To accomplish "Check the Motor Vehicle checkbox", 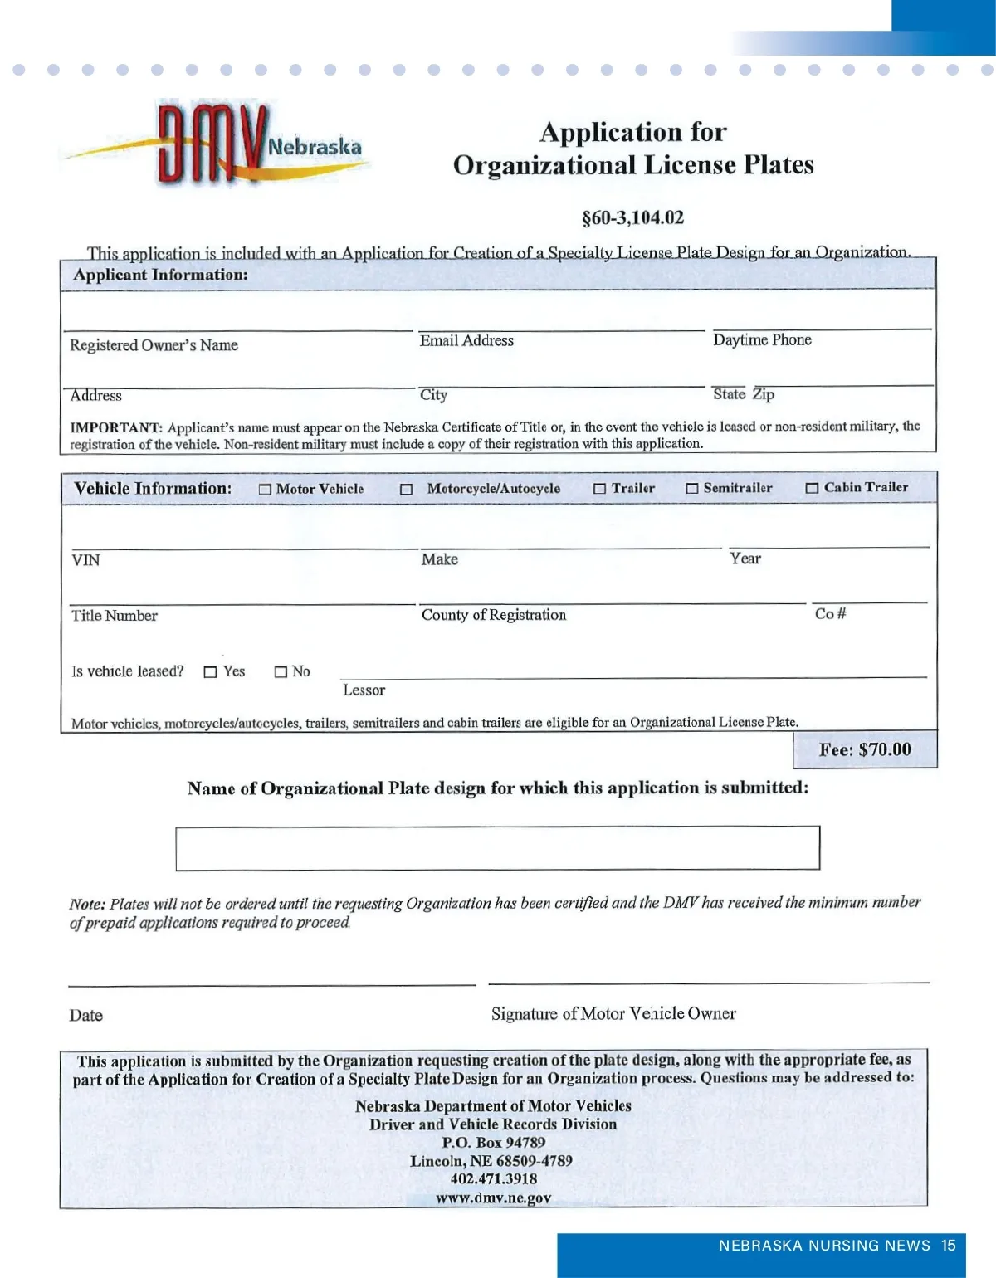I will coord(265,490).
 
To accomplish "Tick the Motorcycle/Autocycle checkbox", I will coord(407,490).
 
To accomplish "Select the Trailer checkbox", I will coord(599,489).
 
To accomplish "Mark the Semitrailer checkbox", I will coord(691,489).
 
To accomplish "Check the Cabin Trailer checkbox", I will coord(812,489).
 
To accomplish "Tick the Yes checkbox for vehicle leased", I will coord(210,672).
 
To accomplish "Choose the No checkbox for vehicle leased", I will coord(281,672).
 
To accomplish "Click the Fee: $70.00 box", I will coord(865,749).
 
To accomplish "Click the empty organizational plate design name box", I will coord(497,847).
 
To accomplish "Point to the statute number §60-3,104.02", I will coord(633,218).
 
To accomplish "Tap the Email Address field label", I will coord(466,341).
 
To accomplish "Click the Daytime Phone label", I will coord(762,340).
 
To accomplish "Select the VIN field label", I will coord(85,560).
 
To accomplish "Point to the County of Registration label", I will coord(494,615).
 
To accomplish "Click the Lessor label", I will coord(364,690).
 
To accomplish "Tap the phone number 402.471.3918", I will coord(494,1179).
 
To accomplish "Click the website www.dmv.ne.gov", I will coord(494,1198).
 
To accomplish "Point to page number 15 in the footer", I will coord(949,1246).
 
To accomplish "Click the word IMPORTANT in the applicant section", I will coord(116,428).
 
